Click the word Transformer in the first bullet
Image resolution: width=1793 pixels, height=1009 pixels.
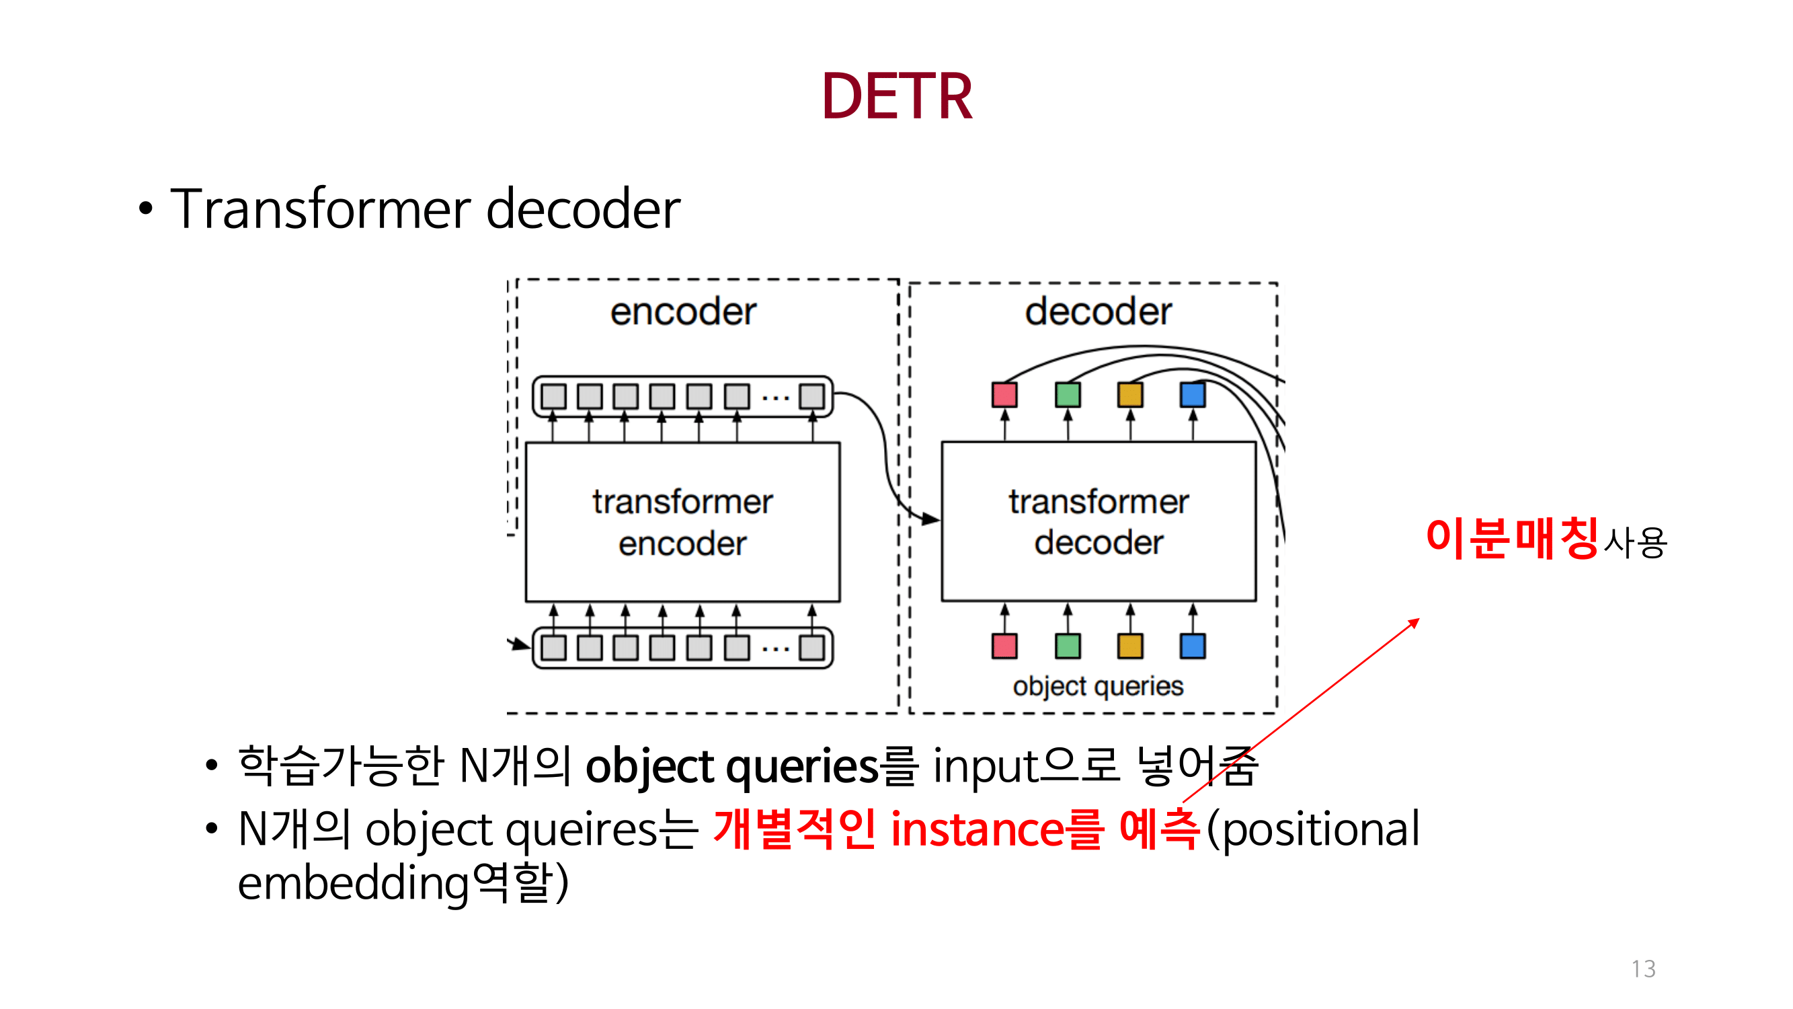(320, 209)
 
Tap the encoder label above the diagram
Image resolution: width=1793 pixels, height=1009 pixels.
(683, 311)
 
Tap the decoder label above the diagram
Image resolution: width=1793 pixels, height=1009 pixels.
(1098, 311)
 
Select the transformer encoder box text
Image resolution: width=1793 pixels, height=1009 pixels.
(682, 522)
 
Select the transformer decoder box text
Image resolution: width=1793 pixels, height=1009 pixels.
(1099, 522)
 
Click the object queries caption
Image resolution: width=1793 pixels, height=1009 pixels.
(1098, 687)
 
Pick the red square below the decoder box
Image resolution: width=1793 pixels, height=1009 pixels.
(1004, 646)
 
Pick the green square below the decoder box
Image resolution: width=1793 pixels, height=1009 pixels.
(1068, 646)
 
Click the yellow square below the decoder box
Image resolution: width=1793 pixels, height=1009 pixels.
(1129, 646)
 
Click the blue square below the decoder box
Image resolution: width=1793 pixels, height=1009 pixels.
(1193, 646)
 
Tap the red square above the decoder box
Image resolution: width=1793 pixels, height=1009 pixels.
(1004, 395)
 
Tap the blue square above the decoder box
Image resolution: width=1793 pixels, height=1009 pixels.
(1193, 395)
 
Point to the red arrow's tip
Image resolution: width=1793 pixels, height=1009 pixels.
(1417, 620)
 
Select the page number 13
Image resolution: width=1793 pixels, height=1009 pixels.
(1643, 969)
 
